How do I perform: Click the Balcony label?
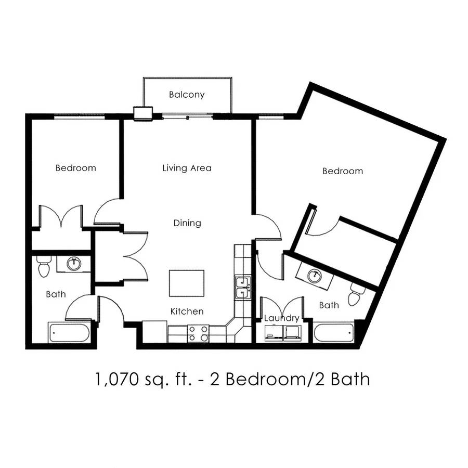[187, 95]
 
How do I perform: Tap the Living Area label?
[187, 168]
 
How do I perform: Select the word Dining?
[187, 223]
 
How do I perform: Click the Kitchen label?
[187, 311]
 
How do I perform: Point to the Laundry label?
[281, 318]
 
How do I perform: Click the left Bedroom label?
[76, 168]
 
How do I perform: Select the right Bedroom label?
[343, 171]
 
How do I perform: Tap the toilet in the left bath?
[44, 266]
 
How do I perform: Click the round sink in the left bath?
[74, 264]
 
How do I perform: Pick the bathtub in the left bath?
[69, 332]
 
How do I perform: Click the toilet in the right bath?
[356, 295]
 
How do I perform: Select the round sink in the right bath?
[315, 276]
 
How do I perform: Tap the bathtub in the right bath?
[333, 332]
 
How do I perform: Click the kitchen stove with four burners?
[198, 334]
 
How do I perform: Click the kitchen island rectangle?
[187, 283]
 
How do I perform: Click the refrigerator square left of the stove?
[154, 332]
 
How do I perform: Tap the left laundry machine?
[274, 333]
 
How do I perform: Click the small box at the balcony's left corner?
[144, 114]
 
